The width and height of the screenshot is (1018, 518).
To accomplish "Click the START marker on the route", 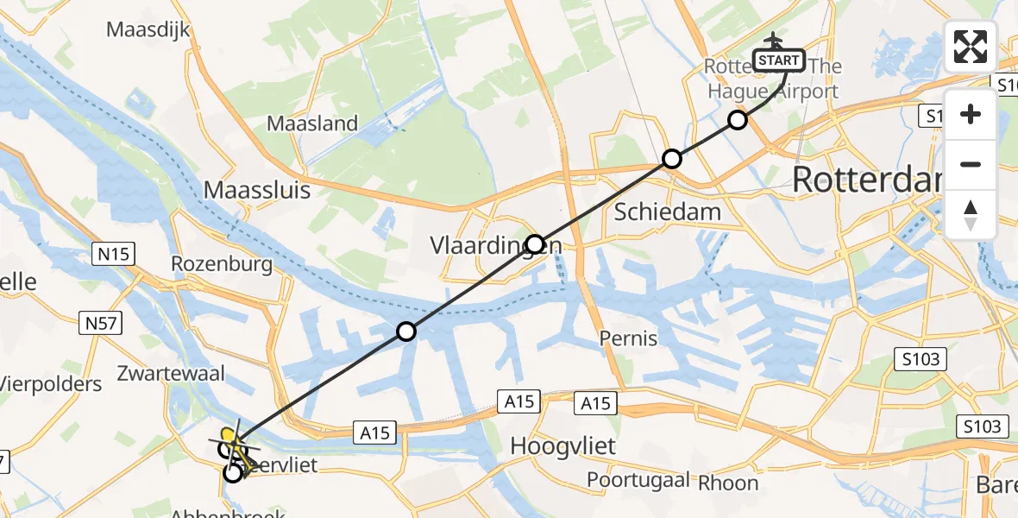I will [x=780, y=60].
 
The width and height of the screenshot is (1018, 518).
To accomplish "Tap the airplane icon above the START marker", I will [x=774, y=40].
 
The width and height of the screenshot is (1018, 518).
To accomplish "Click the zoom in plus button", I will [x=971, y=114].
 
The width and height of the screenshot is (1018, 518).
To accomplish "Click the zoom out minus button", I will [x=971, y=164].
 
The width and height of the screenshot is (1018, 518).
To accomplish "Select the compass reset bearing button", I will [x=971, y=214].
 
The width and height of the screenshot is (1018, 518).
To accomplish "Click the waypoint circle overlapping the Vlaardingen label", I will [x=535, y=244].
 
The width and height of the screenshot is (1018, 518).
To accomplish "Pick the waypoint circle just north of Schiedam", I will [x=672, y=159].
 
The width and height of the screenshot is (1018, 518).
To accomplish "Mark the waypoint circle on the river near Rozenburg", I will [x=406, y=331].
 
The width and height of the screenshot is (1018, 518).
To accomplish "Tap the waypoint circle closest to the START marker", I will [x=737, y=120].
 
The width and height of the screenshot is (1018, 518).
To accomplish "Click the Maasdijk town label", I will [x=148, y=29].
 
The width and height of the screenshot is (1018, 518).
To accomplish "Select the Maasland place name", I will [x=311, y=123].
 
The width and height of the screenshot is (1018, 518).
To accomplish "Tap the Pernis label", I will [x=629, y=338].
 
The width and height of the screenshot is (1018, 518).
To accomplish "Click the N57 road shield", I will [x=103, y=324].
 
